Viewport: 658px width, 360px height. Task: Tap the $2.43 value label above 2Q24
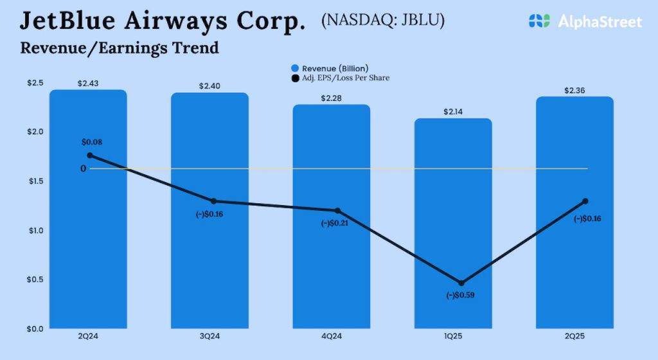88,84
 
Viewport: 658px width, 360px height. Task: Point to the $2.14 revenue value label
452,112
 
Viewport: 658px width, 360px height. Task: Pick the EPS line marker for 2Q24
90,156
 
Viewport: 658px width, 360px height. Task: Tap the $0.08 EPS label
92,141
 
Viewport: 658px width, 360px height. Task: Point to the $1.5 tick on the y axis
35,181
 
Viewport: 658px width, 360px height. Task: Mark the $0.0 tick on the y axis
35,328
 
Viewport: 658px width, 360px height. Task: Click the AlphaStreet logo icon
539,21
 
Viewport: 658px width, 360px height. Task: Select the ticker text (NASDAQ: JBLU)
383,21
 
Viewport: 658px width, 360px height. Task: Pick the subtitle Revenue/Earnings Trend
120,48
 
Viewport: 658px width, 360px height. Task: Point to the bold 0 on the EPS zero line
84,168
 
